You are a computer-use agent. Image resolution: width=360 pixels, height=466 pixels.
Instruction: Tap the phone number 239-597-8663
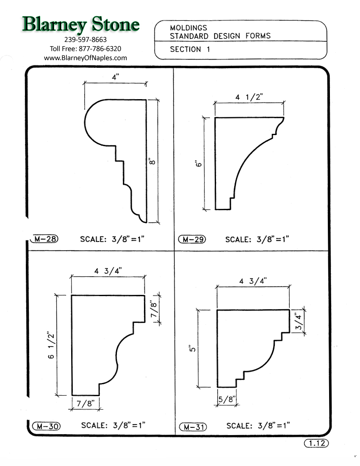86,40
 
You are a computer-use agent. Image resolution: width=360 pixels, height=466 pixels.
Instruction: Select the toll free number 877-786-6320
86,49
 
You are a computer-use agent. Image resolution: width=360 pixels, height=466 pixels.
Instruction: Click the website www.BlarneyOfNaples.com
86,58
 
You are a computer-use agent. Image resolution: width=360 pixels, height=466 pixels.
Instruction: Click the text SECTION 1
190,49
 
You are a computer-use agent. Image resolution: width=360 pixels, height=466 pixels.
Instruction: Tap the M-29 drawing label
192,239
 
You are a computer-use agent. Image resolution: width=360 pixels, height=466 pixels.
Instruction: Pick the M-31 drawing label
192,427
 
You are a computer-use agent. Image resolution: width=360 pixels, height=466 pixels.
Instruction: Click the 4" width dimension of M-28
114,78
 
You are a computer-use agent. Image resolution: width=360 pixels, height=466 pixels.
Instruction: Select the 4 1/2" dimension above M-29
249,97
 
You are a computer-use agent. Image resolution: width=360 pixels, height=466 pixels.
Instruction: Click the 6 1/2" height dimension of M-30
51,345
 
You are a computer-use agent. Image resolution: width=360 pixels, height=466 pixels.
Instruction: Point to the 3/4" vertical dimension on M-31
299,322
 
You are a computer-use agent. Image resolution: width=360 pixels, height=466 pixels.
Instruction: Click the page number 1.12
316,444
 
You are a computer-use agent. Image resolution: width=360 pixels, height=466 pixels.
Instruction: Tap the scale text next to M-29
257,239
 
